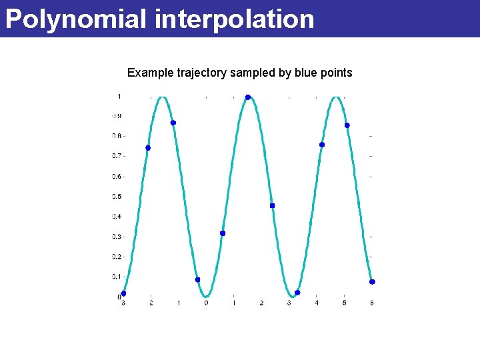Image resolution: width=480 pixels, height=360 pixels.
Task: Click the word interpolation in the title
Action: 234,19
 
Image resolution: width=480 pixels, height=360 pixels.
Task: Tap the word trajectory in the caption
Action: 200,73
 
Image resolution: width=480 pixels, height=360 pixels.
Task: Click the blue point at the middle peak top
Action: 247,97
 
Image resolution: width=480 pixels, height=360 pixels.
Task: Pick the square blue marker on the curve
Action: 272,206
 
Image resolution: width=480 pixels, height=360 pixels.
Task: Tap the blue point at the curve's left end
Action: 123,293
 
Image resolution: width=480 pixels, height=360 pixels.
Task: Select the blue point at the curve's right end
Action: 372,282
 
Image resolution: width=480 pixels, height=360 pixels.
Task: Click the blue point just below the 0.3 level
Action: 223,233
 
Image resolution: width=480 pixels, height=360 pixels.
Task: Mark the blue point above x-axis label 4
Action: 322,145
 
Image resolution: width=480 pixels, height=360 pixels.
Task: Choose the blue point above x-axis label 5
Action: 347,125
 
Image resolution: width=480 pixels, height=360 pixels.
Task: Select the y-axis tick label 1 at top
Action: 119,97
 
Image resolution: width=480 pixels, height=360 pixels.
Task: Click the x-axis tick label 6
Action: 372,303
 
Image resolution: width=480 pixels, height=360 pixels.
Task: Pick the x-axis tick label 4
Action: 317,303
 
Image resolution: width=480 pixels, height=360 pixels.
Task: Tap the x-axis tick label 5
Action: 344,303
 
